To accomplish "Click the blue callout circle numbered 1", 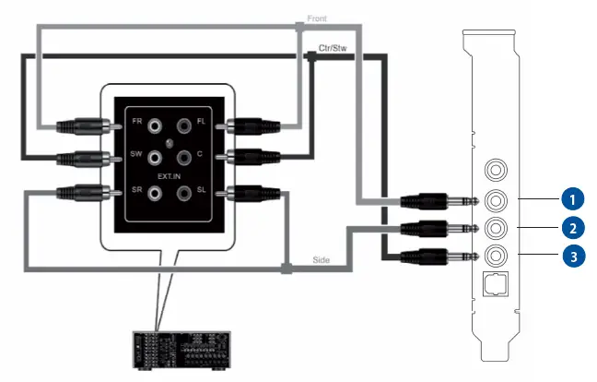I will [573, 198].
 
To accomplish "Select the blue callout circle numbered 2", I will [573, 227].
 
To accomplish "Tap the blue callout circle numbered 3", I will [573, 256].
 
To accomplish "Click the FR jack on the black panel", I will [155, 123].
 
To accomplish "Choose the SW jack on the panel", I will [155, 156].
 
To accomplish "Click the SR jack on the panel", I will [155, 193].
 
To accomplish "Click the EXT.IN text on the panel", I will [170, 174].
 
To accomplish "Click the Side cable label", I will [322, 261].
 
